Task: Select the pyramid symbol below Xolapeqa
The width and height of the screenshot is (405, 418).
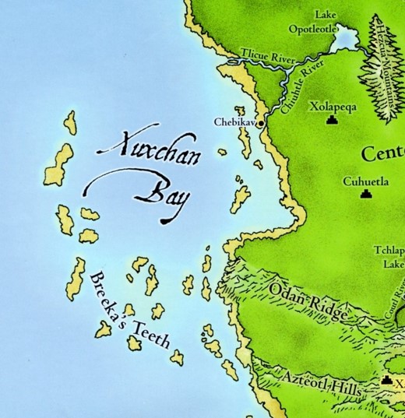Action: (x=333, y=121)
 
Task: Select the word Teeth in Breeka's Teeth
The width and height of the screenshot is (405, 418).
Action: (x=148, y=338)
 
